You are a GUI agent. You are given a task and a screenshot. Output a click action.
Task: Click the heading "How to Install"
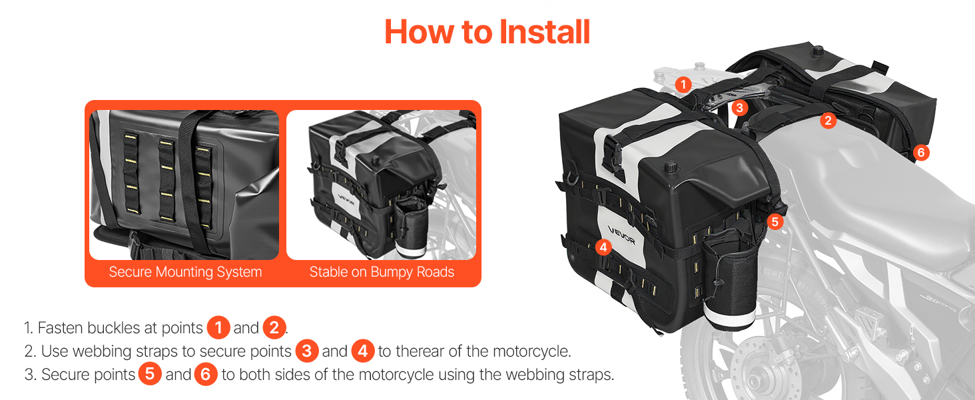click(x=487, y=32)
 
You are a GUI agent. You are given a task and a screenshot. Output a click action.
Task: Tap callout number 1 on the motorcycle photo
click(x=683, y=84)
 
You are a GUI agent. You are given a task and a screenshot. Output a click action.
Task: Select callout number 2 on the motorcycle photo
click(x=828, y=120)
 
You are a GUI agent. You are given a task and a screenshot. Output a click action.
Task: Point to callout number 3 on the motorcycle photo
click(x=739, y=107)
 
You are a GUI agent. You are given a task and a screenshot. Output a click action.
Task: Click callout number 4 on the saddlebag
click(x=603, y=247)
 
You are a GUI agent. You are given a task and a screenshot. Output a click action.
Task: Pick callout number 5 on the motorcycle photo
click(x=775, y=221)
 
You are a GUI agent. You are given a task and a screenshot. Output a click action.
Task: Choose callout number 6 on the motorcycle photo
click(x=921, y=153)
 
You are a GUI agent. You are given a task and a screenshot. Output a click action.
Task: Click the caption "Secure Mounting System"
click(x=185, y=272)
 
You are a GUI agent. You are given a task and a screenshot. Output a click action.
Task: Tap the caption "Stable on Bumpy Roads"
click(x=382, y=272)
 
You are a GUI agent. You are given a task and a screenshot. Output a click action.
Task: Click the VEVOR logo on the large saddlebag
click(x=621, y=235)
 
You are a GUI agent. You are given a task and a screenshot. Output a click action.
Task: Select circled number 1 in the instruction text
click(x=218, y=327)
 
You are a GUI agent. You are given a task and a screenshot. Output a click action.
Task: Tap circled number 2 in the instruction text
click(x=274, y=327)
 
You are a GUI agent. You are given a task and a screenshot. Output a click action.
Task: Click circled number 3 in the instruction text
click(x=307, y=351)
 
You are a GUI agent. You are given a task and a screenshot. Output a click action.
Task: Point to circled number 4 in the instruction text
click(x=363, y=351)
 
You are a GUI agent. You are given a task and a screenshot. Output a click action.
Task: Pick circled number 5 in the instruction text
click(x=150, y=374)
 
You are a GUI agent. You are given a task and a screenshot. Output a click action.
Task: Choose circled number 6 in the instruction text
click(x=205, y=374)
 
